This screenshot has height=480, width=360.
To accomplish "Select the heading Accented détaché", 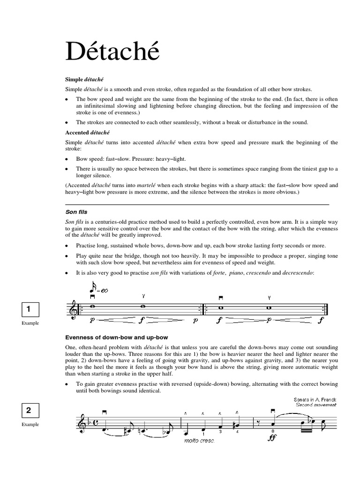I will click(x=87, y=132).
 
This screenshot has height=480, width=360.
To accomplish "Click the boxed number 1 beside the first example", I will click(x=29, y=309).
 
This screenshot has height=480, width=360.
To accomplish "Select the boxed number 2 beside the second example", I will click(x=29, y=411).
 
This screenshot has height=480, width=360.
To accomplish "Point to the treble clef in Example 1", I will click(x=71, y=309).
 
